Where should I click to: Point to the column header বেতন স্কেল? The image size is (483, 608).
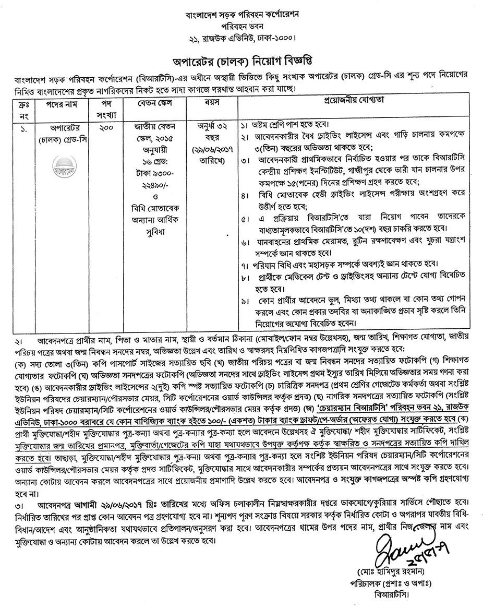point(153,103)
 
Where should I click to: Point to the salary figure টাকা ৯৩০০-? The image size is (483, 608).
point(153,171)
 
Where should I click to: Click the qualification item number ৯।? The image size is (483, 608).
point(245,302)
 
